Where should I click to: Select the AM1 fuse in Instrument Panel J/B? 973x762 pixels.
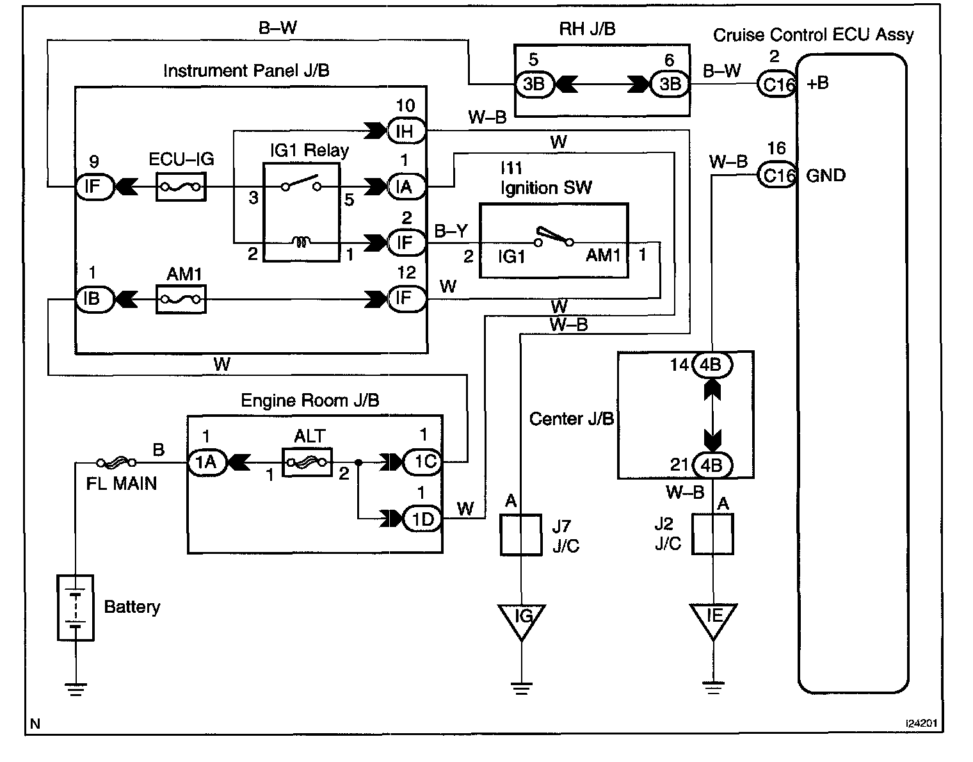click(x=181, y=299)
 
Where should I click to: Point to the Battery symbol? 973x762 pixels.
click(x=76, y=607)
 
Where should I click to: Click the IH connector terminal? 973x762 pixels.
click(x=406, y=131)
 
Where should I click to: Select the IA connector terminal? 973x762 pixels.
click(x=406, y=187)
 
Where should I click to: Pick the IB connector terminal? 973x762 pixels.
click(x=93, y=299)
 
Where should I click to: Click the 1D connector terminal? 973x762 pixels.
click(x=422, y=519)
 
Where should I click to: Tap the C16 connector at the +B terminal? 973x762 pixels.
click(x=776, y=84)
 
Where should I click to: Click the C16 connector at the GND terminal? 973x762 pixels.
click(x=776, y=175)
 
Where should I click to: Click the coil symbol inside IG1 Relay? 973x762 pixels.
click(x=301, y=242)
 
